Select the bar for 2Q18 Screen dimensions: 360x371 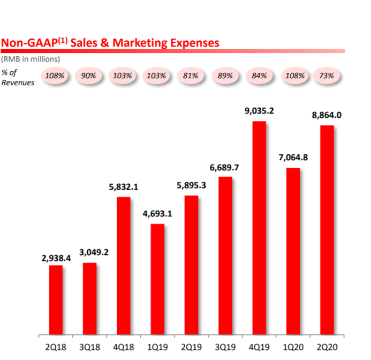56,300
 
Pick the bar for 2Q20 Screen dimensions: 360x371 327,230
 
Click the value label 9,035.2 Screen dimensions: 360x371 259,111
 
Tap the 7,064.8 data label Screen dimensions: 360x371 293,158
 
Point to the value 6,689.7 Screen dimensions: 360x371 224,168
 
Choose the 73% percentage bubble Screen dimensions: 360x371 326,76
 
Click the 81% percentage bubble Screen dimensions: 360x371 191,76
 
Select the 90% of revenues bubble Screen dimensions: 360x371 88,76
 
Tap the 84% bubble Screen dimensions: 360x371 259,76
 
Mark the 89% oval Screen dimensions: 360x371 225,76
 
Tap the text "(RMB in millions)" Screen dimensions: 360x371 31,59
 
